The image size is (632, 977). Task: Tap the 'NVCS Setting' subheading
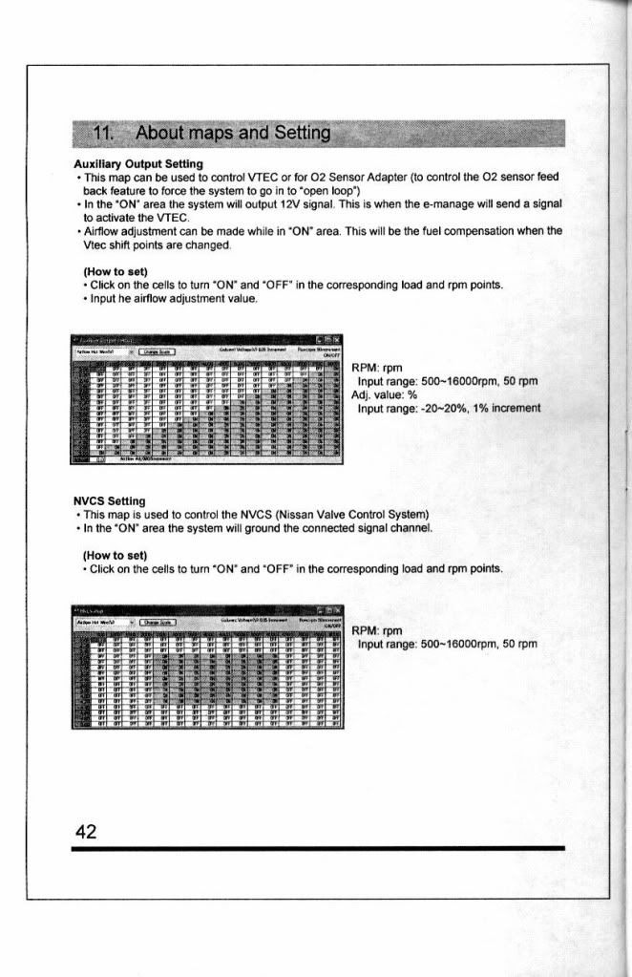pyautogui.click(x=110, y=499)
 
